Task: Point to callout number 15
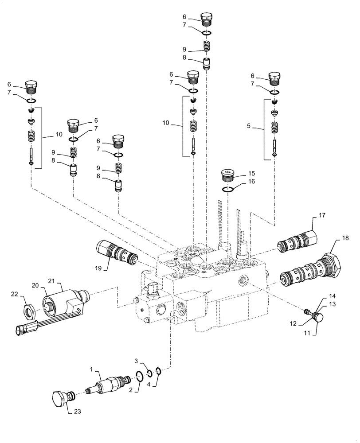point(251,173)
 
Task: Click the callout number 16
point(251,182)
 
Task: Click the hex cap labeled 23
point(59,397)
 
